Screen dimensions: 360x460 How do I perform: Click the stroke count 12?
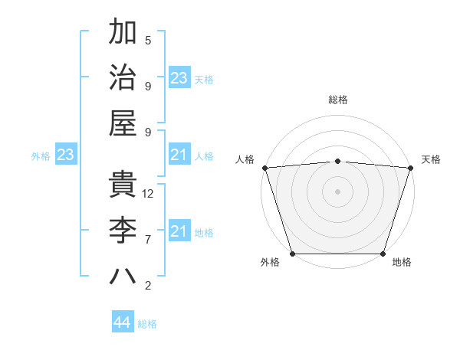tap(149, 194)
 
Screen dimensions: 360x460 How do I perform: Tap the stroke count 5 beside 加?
tap(148, 41)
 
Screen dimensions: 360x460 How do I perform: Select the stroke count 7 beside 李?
tap(148, 239)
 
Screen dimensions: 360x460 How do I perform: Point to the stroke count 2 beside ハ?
tap(148, 286)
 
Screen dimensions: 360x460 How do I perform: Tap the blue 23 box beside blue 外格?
tap(65, 155)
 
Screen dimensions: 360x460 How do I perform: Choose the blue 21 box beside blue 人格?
tap(179, 155)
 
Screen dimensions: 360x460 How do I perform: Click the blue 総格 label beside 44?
tap(147, 324)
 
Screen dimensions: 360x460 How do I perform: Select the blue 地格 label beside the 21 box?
tap(204, 233)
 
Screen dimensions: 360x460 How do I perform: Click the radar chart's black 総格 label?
tap(337, 100)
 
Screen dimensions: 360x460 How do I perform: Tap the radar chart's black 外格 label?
tap(270, 263)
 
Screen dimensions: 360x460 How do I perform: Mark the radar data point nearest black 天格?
tap(410, 168)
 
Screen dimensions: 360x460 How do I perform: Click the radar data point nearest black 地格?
tap(383, 254)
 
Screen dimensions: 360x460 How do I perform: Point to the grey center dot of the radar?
tap(337, 191)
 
